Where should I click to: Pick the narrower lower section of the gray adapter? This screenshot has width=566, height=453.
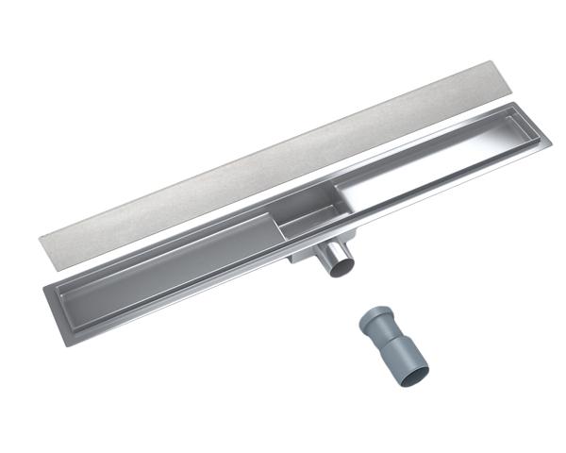[x=401, y=353]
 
